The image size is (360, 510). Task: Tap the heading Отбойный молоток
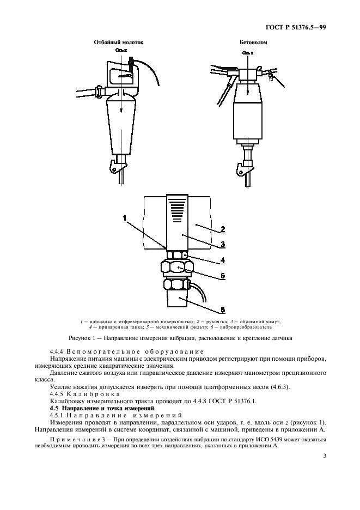pos(119,42)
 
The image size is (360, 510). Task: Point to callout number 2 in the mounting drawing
pos(222,229)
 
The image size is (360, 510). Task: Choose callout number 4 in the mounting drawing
pos(222,259)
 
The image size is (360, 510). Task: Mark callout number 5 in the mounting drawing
pos(222,276)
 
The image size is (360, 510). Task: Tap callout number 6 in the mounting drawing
pos(222,310)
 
